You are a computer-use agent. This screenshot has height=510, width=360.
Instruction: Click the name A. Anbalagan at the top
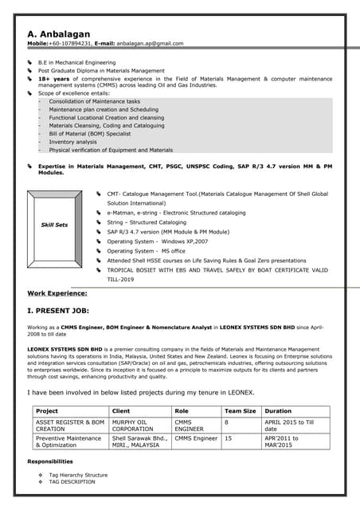[58, 34]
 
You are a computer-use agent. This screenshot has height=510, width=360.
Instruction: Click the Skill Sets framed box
[54, 225]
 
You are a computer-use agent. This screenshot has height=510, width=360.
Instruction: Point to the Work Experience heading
[57, 293]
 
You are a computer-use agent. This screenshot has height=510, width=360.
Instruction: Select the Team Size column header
[240, 411]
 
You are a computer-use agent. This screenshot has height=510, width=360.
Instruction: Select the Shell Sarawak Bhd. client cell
[139, 442]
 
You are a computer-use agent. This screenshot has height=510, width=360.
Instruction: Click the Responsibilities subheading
[50, 461]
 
